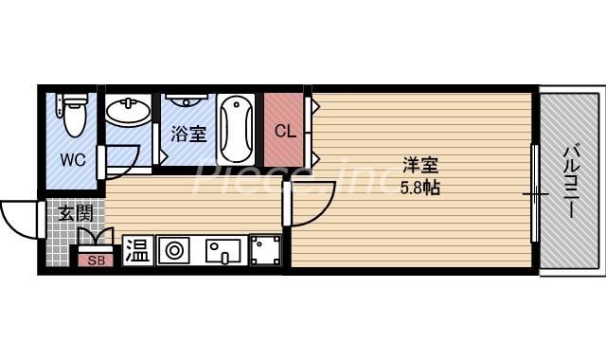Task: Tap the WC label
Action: [73, 159]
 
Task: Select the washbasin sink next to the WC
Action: [128, 112]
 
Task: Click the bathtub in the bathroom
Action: [236, 130]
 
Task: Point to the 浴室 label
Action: [188, 134]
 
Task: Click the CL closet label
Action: [285, 131]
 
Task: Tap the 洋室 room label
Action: [420, 166]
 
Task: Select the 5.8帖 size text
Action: [420, 188]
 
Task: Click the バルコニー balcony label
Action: [571, 182]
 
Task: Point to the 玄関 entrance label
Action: [76, 213]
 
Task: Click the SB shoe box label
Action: [97, 261]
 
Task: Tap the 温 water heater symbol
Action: [138, 250]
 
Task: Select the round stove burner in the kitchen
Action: [173, 250]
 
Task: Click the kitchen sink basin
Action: [223, 251]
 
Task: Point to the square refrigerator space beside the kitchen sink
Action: [265, 250]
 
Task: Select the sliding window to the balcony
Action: [535, 193]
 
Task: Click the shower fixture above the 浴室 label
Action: [187, 100]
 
